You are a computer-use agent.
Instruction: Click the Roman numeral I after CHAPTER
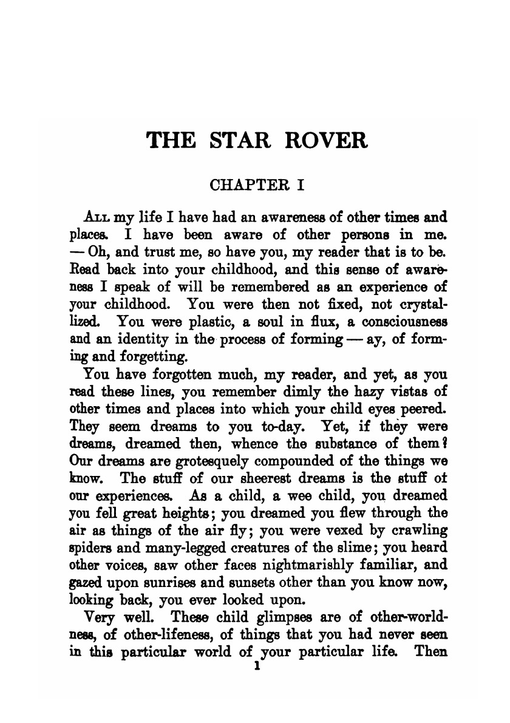(x=300, y=185)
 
